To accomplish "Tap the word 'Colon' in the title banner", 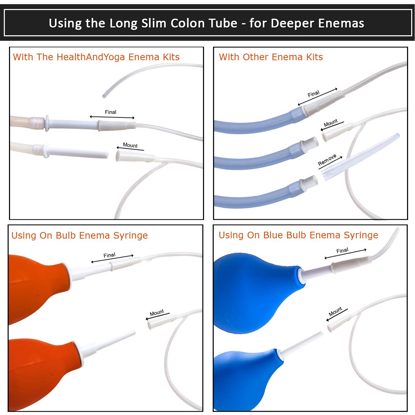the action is pos(187,23).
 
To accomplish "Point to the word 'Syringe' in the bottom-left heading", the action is pos(130,236).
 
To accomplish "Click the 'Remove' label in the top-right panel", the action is pos(327,160).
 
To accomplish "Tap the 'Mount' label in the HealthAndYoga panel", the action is pos(130,145).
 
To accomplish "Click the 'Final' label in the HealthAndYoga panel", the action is pos(110,112).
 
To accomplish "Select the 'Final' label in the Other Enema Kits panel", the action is pos(313,94).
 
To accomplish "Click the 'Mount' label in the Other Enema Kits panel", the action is pos(331,123).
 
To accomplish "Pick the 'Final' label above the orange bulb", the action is pos(109,255).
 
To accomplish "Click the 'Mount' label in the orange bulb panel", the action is pos(157,312).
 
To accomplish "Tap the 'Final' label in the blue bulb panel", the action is pos(342,250).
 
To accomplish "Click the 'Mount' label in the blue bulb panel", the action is pos(335,311).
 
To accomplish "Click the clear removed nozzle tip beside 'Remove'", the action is pos(360,157).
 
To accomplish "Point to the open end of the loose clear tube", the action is pos(104,96).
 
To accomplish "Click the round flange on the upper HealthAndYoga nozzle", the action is pos(47,123).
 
